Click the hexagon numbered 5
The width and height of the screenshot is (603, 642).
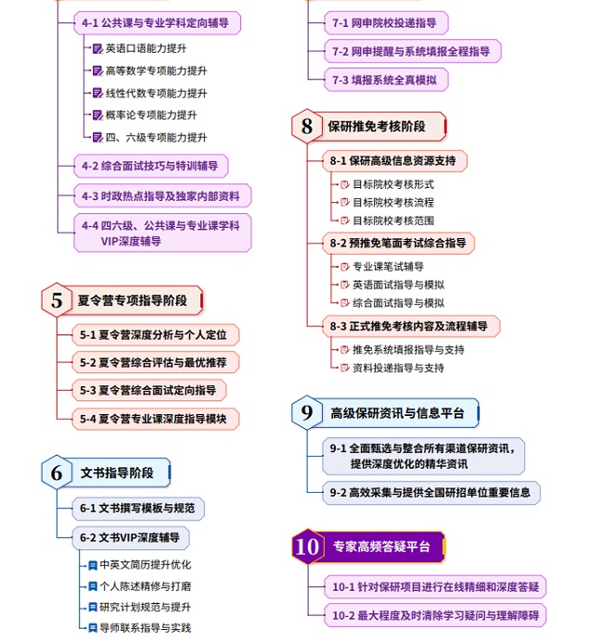pyautogui.click(x=58, y=300)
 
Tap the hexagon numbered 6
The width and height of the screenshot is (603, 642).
pyautogui.click(x=58, y=472)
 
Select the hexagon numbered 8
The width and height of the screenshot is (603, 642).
pyautogui.click(x=307, y=126)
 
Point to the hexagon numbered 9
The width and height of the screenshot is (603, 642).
pyautogui.click(x=307, y=413)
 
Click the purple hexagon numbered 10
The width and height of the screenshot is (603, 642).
pyautogui.click(x=307, y=547)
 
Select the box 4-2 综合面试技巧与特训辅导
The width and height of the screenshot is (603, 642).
pyautogui.click(x=150, y=167)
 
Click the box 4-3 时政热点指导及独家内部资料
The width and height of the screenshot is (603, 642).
pyautogui.click(x=161, y=195)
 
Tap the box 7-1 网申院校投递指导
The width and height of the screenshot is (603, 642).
pyautogui.click(x=383, y=21)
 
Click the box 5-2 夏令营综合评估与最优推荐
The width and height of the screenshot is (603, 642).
pyautogui.click(x=153, y=362)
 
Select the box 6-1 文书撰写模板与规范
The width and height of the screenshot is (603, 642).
pyautogui.click(x=138, y=508)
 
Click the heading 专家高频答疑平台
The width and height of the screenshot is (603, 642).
pyautogui.click(x=381, y=547)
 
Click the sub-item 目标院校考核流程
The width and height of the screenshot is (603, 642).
pyautogui.click(x=392, y=202)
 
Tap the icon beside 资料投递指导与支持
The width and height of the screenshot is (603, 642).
pyautogui.click(x=343, y=368)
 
